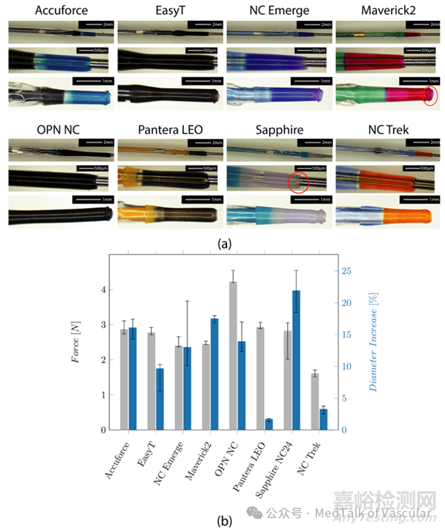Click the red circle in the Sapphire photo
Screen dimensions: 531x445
[x=298, y=181]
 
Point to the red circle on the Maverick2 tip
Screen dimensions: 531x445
[x=428, y=95]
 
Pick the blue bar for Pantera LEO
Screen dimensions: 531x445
[x=268, y=425]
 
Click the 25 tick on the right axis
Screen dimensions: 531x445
[x=345, y=271]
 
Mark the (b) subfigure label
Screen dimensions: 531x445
[x=222, y=521]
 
